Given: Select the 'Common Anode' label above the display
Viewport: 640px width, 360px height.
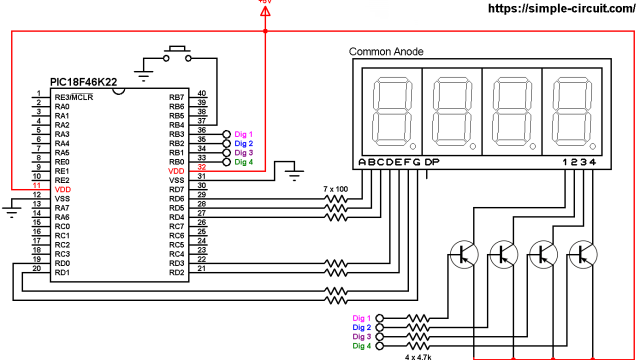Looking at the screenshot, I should [x=386, y=52].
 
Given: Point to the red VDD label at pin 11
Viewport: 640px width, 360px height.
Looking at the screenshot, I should [x=62, y=189].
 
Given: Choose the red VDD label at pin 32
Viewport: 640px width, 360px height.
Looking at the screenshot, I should [x=176, y=171].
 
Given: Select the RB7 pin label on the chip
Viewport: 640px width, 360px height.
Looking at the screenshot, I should [x=177, y=97].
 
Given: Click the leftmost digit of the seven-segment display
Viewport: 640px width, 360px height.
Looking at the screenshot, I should [x=389, y=110].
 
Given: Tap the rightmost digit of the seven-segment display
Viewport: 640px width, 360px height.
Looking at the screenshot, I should [x=569, y=110].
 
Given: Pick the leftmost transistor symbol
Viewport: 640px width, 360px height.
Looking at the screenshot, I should [x=463, y=255].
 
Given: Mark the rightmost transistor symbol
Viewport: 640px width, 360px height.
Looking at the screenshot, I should [x=581, y=255].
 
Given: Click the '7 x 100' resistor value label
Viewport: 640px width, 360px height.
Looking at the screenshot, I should [x=338, y=188].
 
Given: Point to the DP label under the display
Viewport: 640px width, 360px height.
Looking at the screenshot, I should [x=431, y=162].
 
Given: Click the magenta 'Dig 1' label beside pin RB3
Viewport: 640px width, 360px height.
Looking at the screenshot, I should [x=244, y=133].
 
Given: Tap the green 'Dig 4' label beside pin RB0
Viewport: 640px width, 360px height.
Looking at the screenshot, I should [x=244, y=162].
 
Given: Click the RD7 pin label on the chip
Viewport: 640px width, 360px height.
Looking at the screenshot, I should [x=177, y=189].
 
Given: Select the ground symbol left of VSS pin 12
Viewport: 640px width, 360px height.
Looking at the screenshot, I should [x=12, y=207].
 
